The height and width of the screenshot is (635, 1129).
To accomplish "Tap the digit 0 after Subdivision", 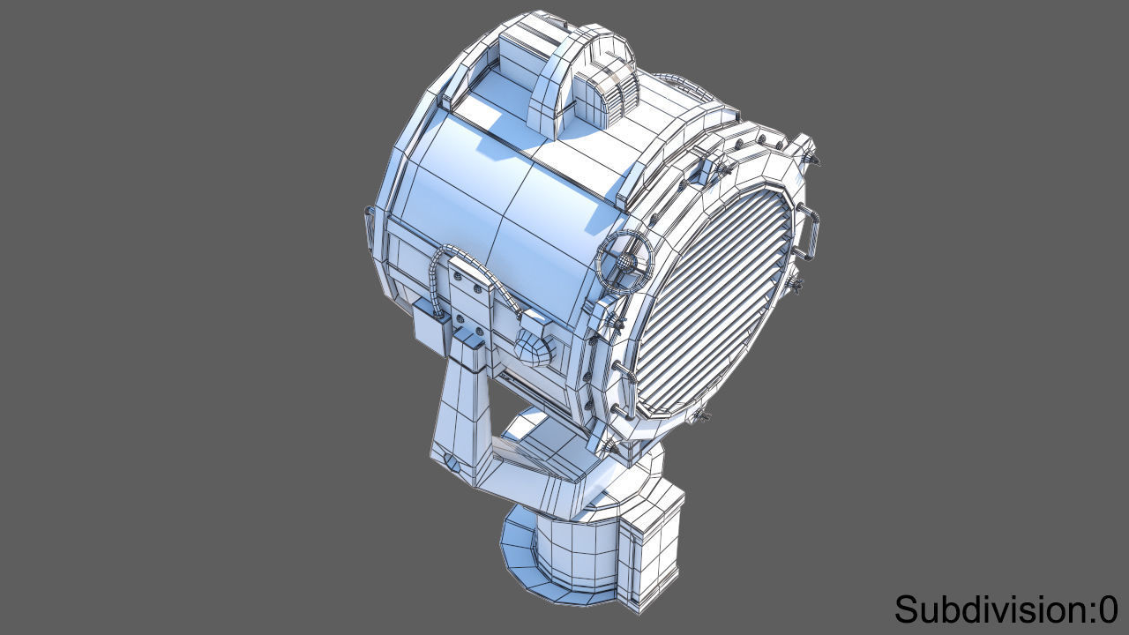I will click(x=1108, y=609).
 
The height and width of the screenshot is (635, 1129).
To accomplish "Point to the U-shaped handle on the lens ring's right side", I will click(x=809, y=231).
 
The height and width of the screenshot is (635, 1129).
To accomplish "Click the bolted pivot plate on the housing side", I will click(x=471, y=291).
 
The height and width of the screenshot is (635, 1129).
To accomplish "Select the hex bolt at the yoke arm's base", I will click(x=451, y=459).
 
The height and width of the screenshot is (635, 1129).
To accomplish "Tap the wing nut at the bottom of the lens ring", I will click(x=701, y=415).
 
